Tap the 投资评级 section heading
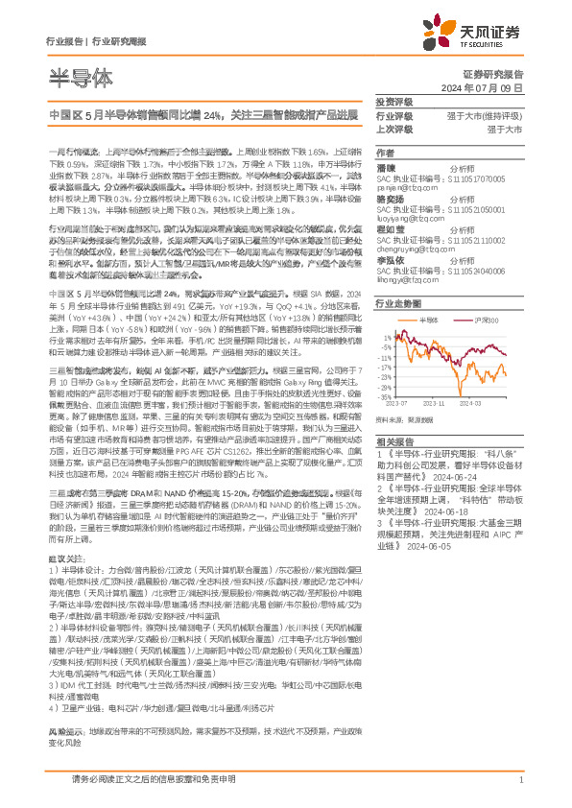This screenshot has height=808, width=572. [394, 102]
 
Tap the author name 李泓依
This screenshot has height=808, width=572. [389, 261]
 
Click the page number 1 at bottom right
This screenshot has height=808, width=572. [519, 781]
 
